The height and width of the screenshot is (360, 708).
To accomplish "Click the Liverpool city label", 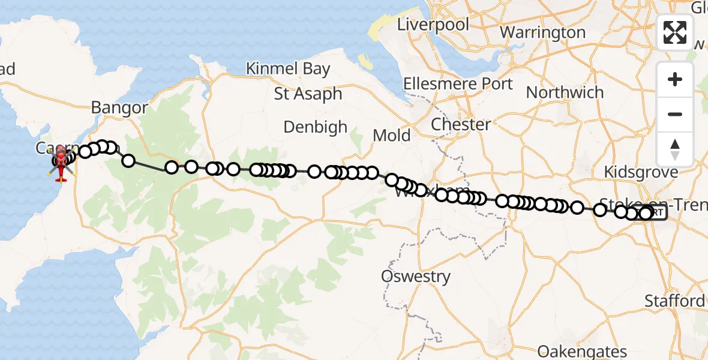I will (x=433, y=25).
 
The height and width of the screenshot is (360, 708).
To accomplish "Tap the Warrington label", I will (x=542, y=32).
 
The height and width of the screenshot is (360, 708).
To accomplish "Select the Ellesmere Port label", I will (x=458, y=83).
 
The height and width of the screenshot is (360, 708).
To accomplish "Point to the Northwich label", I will (x=565, y=92).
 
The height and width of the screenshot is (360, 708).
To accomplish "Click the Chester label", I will (x=461, y=124).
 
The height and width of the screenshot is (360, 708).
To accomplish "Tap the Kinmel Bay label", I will (x=288, y=68).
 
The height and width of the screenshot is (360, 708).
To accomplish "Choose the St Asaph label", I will (x=308, y=94).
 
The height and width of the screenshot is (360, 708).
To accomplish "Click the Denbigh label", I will (x=315, y=127).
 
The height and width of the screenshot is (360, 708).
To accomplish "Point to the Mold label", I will (x=392, y=135).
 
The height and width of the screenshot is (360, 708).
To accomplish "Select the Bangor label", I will (x=119, y=107).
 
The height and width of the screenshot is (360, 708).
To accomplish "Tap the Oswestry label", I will (x=416, y=277).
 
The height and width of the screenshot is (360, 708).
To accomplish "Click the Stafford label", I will (x=674, y=301).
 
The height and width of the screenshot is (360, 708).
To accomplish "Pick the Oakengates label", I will (x=582, y=351).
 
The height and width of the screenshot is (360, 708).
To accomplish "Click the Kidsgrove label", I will (x=641, y=172).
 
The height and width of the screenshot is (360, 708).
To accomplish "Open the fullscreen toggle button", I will (x=675, y=32).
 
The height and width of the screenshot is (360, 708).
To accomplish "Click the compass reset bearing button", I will (x=675, y=149).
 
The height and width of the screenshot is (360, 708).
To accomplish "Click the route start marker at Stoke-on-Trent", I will (x=654, y=214).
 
